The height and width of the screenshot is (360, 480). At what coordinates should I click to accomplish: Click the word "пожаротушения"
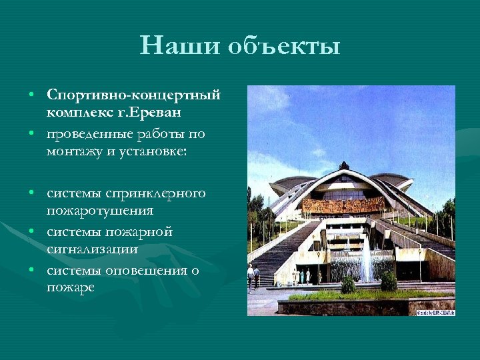(x=100, y=211)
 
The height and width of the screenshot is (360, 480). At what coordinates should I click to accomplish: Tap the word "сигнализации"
(x=93, y=249)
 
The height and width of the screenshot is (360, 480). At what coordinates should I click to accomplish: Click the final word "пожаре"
(x=71, y=288)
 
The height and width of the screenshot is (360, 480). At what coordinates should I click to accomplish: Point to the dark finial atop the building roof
(x=344, y=165)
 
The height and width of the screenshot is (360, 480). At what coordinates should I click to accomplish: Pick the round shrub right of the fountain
(x=389, y=281)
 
